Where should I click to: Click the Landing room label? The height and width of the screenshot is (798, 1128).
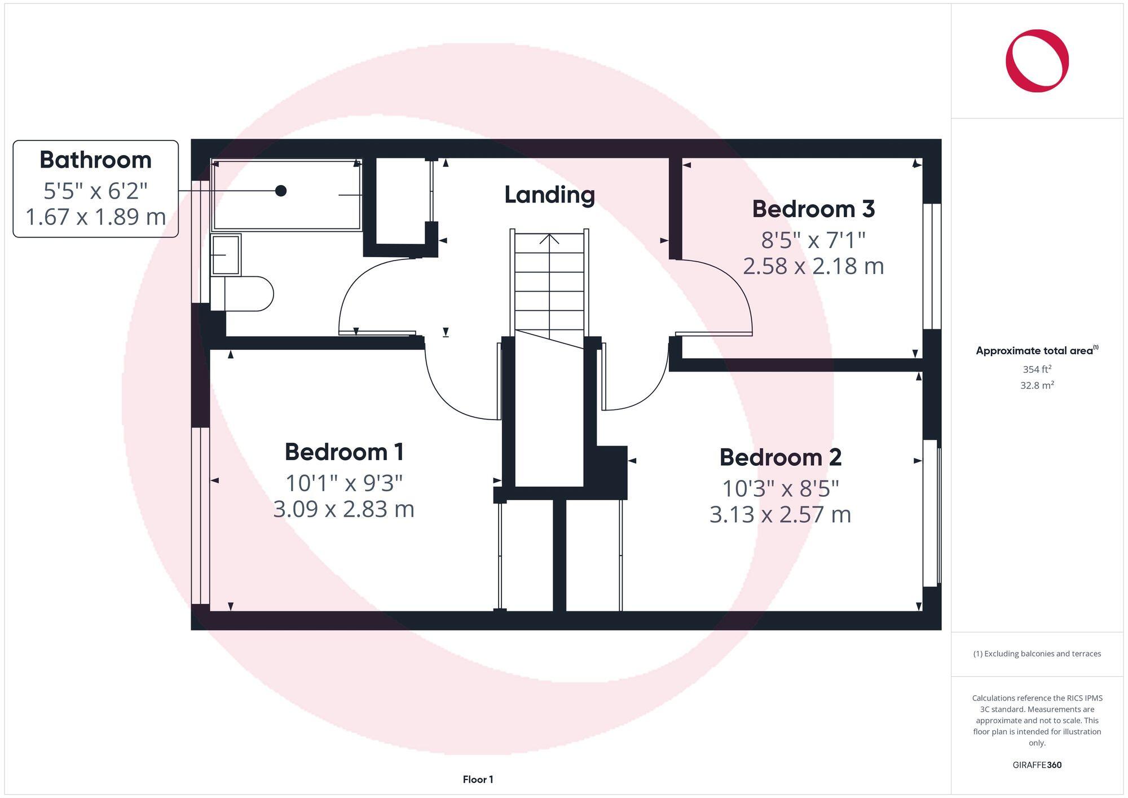(549, 195)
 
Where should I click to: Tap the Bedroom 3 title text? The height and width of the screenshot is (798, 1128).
(813, 209)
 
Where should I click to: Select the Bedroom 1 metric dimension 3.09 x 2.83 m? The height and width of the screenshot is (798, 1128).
(343, 509)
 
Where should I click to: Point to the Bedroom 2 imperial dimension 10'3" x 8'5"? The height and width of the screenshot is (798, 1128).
(780, 488)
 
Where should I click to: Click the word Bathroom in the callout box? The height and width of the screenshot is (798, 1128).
(95, 160)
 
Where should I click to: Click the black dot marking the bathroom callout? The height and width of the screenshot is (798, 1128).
(281, 191)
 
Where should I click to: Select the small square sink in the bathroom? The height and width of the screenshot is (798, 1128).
(226, 255)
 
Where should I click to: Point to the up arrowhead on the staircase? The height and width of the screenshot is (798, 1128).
(549, 239)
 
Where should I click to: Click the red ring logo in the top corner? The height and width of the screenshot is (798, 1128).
(1037, 61)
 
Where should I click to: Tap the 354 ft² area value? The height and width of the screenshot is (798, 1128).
(1037, 369)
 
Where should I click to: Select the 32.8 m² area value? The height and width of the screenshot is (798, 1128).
(1037, 386)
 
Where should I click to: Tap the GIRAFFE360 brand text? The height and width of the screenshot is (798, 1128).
(1037, 765)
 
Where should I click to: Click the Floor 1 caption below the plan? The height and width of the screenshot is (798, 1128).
(478, 779)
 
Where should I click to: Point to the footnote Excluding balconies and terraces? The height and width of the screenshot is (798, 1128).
(1037, 654)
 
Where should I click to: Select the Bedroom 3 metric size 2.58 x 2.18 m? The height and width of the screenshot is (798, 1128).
(813, 266)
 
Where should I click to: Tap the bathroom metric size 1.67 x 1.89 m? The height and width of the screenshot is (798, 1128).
(95, 217)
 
